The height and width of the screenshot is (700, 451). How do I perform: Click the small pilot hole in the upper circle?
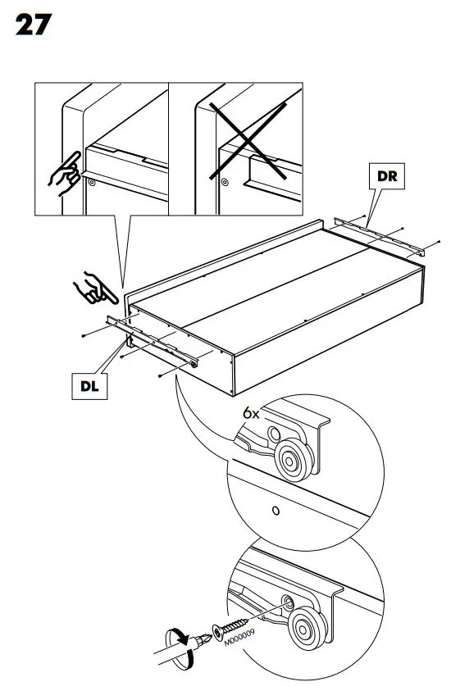[x=276, y=511]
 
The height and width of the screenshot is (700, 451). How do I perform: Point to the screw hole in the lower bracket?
[x=288, y=602]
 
